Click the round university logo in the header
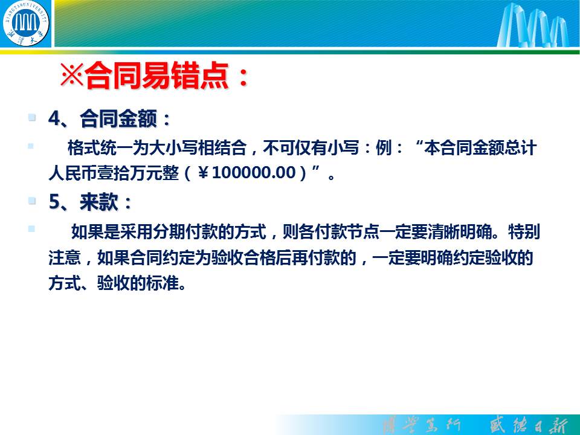coord(25,23)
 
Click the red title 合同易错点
coord(156,76)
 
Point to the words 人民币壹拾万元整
coord(114,173)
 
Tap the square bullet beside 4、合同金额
coord(32,118)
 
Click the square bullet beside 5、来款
coord(32,201)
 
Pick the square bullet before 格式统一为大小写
coord(31,146)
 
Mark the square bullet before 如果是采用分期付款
coord(31,229)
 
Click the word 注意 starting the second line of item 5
coord(65,258)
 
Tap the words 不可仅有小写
coord(311,148)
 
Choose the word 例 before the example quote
coord(384,148)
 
